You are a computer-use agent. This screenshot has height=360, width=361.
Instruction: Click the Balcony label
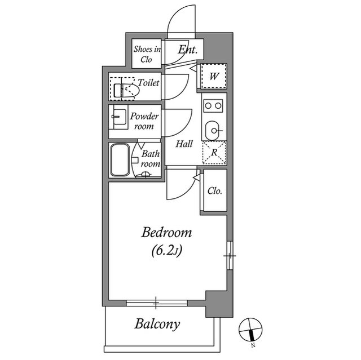tap(157, 324)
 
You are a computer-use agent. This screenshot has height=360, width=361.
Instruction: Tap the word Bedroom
tap(166, 232)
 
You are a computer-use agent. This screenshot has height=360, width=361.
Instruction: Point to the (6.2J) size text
tap(166, 251)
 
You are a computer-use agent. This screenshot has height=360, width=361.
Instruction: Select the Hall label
tap(184, 144)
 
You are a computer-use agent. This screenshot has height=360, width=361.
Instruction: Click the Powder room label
tap(144, 121)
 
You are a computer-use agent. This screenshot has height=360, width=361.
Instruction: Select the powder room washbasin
tap(119, 118)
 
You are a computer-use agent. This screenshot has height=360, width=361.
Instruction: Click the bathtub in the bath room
tap(120, 161)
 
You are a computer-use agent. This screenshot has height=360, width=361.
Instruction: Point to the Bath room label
tap(150, 158)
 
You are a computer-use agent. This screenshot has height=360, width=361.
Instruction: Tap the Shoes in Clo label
tap(147, 54)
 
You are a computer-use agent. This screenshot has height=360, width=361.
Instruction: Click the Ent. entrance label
tap(187, 50)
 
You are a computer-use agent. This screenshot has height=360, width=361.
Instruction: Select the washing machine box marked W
tap(214, 76)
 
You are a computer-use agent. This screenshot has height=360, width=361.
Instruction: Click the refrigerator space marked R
tap(214, 153)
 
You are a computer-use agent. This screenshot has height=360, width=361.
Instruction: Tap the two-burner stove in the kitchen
tap(214, 105)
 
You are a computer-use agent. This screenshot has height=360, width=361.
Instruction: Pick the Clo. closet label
tap(214, 191)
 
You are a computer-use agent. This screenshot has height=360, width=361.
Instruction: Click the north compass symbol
tap(250, 330)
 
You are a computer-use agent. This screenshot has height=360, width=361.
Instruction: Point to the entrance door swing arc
tap(182, 21)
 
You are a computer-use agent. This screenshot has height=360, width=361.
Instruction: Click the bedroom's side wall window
tap(230, 256)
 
